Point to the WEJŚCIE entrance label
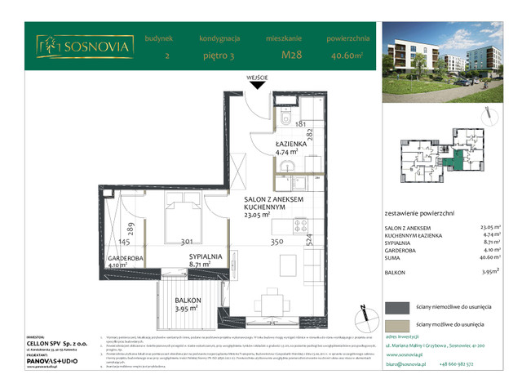pos(258,78)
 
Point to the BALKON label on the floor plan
pos(189,300)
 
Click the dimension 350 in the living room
pos(276,243)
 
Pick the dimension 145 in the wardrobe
pos(124,243)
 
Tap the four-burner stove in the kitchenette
pos(299,225)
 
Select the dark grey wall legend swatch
pos(398,306)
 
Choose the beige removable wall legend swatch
pos(398,324)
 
